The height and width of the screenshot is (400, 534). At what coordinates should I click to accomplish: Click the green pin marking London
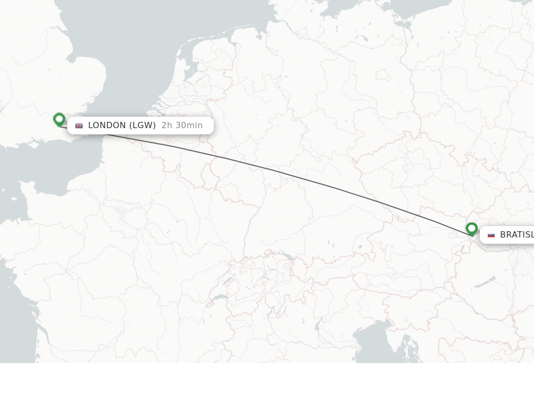coord(59,119)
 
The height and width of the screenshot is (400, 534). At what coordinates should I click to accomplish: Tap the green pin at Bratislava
coord(471,228)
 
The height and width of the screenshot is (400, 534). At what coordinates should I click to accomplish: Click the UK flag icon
coord(79,126)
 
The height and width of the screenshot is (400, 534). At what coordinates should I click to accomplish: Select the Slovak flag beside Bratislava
coord(491,235)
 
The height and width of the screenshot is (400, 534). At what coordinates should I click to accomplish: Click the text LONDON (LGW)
coord(122,125)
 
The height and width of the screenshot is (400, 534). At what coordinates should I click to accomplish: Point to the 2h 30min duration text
coord(182,125)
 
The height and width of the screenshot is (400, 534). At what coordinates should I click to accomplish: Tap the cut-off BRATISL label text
coord(516,234)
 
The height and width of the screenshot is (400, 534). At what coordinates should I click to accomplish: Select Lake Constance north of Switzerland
coord(285,256)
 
